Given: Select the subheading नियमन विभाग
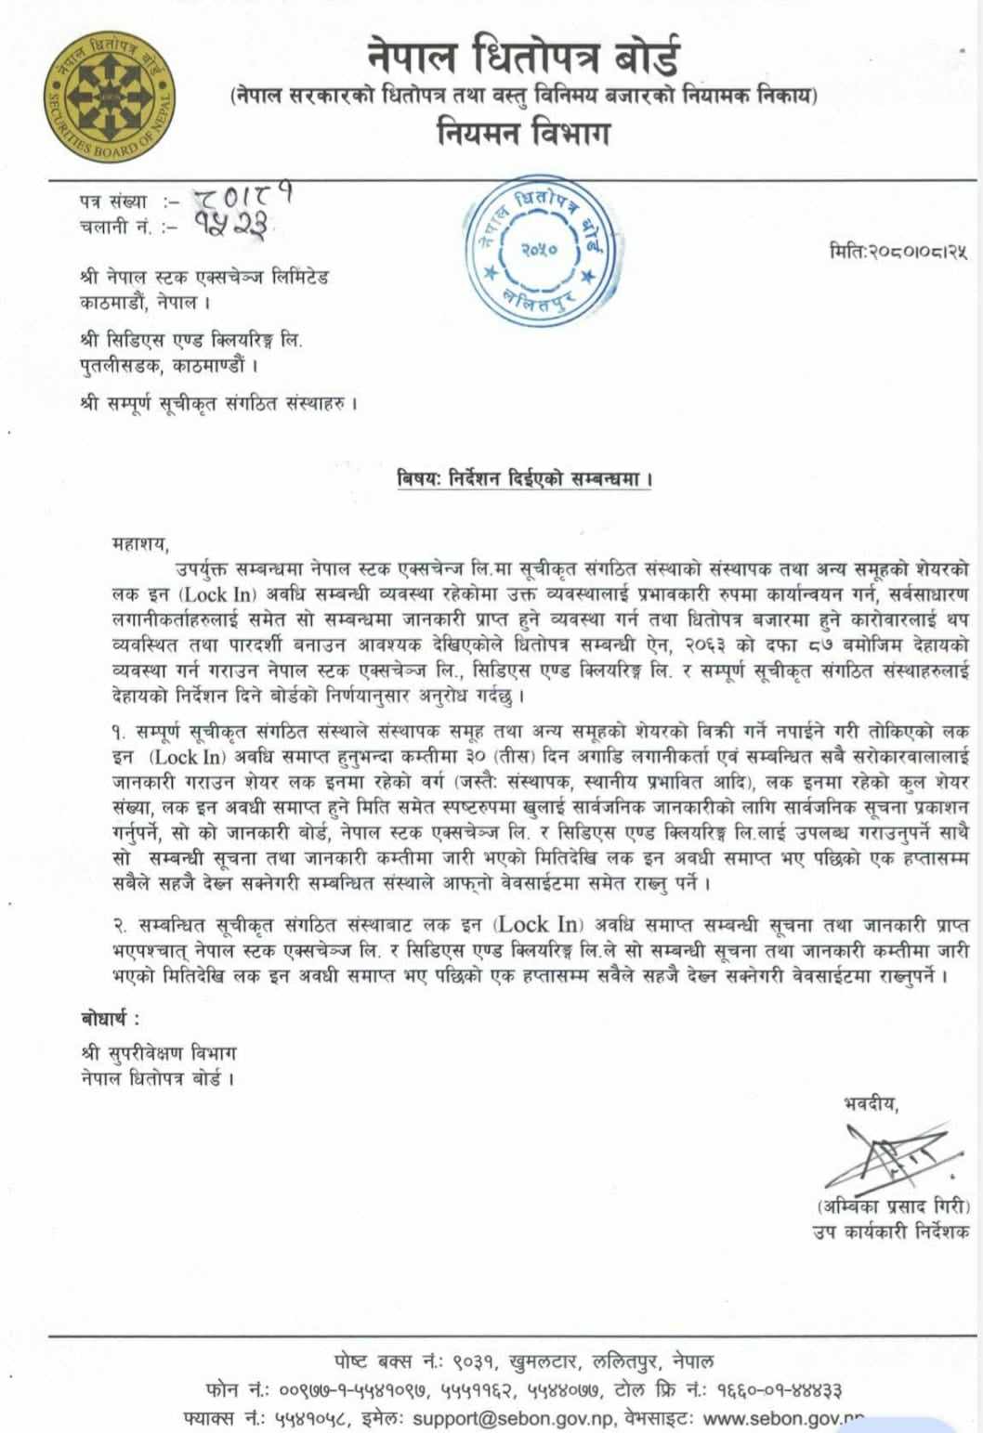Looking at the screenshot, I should pos(523,134).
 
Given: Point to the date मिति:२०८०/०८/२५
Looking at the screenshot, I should pos(898,251).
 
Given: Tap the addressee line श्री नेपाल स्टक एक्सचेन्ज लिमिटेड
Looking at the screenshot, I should pos(204,277).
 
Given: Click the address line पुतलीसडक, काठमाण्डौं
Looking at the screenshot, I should pos(167,365).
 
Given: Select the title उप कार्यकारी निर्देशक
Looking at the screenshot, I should pos(890,1231).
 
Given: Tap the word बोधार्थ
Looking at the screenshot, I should pos(111,1019).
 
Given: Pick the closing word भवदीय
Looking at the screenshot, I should pos(871,1103).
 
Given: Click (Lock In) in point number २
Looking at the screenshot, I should pos(538,925).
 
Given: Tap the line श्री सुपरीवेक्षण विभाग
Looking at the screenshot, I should pos(158,1053).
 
